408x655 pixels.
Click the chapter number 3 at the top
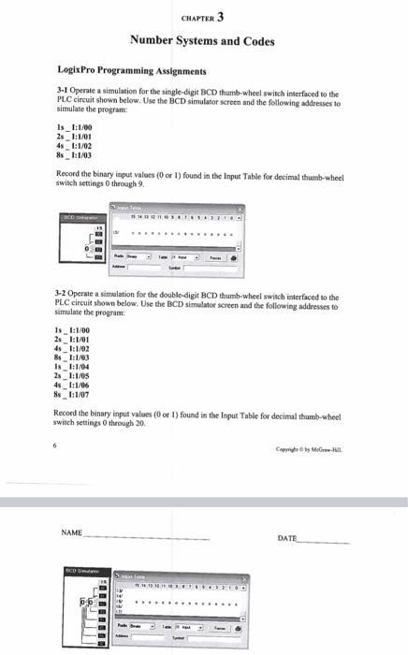220,17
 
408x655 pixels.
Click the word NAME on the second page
71,532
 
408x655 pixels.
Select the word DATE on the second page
288,539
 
